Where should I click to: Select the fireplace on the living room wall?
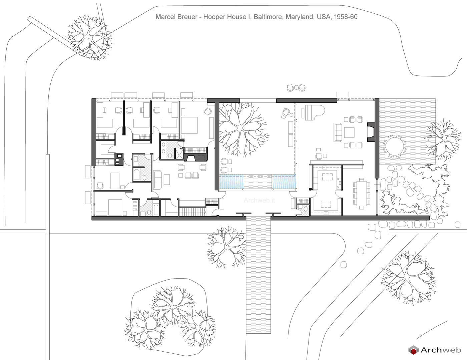point(371,132)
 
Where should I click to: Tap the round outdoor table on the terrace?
point(395,146)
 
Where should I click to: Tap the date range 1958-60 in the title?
point(346,17)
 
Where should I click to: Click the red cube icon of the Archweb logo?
point(413,350)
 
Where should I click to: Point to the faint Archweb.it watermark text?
point(259,200)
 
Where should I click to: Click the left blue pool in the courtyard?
point(231,182)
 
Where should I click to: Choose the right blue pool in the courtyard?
point(284,182)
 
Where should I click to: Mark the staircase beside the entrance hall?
point(192,212)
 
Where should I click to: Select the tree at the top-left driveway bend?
point(89,38)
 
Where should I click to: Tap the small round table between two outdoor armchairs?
point(296,87)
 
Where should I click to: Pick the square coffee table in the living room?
point(349,132)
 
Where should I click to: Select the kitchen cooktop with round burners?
point(339,183)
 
